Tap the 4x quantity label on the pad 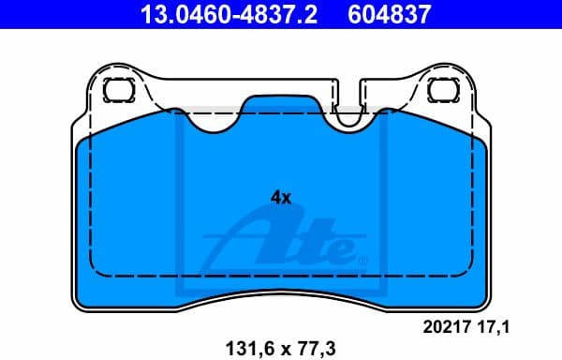pyautogui.click(x=281, y=198)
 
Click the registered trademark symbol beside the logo pyautogui.click(x=363, y=260)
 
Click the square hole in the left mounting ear pyautogui.click(x=118, y=91)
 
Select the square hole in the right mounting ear pyautogui.click(x=441, y=91)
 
